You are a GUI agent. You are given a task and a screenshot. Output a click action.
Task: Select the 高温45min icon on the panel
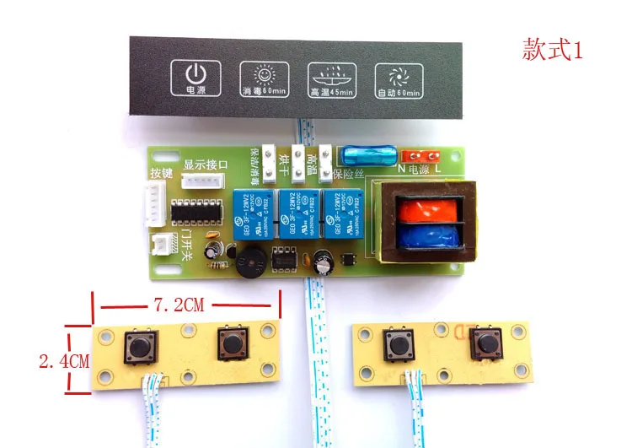330,77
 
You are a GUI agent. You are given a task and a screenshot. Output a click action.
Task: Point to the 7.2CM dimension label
181,305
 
